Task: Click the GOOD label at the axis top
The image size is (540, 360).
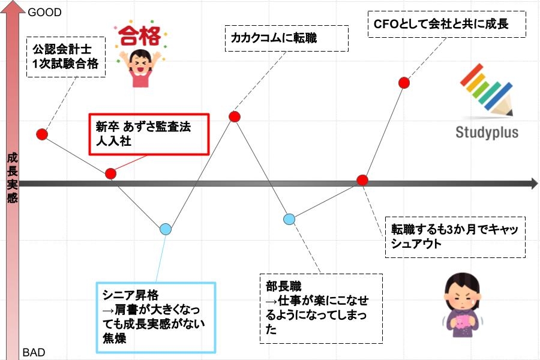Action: point(44,13)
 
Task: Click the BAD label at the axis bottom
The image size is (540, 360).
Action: point(34,352)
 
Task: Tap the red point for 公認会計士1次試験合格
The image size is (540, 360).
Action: point(42,134)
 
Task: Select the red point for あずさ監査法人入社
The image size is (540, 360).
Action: point(110,173)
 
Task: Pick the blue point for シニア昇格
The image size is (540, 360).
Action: point(166,229)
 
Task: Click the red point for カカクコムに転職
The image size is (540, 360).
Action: point(235,117)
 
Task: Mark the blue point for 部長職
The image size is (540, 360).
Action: point(289,219)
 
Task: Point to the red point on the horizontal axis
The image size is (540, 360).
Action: point(362,180)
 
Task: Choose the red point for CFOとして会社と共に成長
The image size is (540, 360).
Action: point(404,83)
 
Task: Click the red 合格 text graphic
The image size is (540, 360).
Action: point(140,35)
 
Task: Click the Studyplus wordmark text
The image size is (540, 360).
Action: point(487,132)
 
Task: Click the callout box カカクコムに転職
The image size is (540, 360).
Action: point(287,38)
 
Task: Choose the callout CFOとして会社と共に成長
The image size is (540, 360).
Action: point(446,24)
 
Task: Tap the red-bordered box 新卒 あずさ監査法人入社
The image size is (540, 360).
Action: point(149,134)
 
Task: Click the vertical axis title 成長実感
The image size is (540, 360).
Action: point(13,178)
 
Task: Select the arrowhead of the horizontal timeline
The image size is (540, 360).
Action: point(535,183)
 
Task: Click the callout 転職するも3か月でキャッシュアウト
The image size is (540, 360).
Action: point(455,237)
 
